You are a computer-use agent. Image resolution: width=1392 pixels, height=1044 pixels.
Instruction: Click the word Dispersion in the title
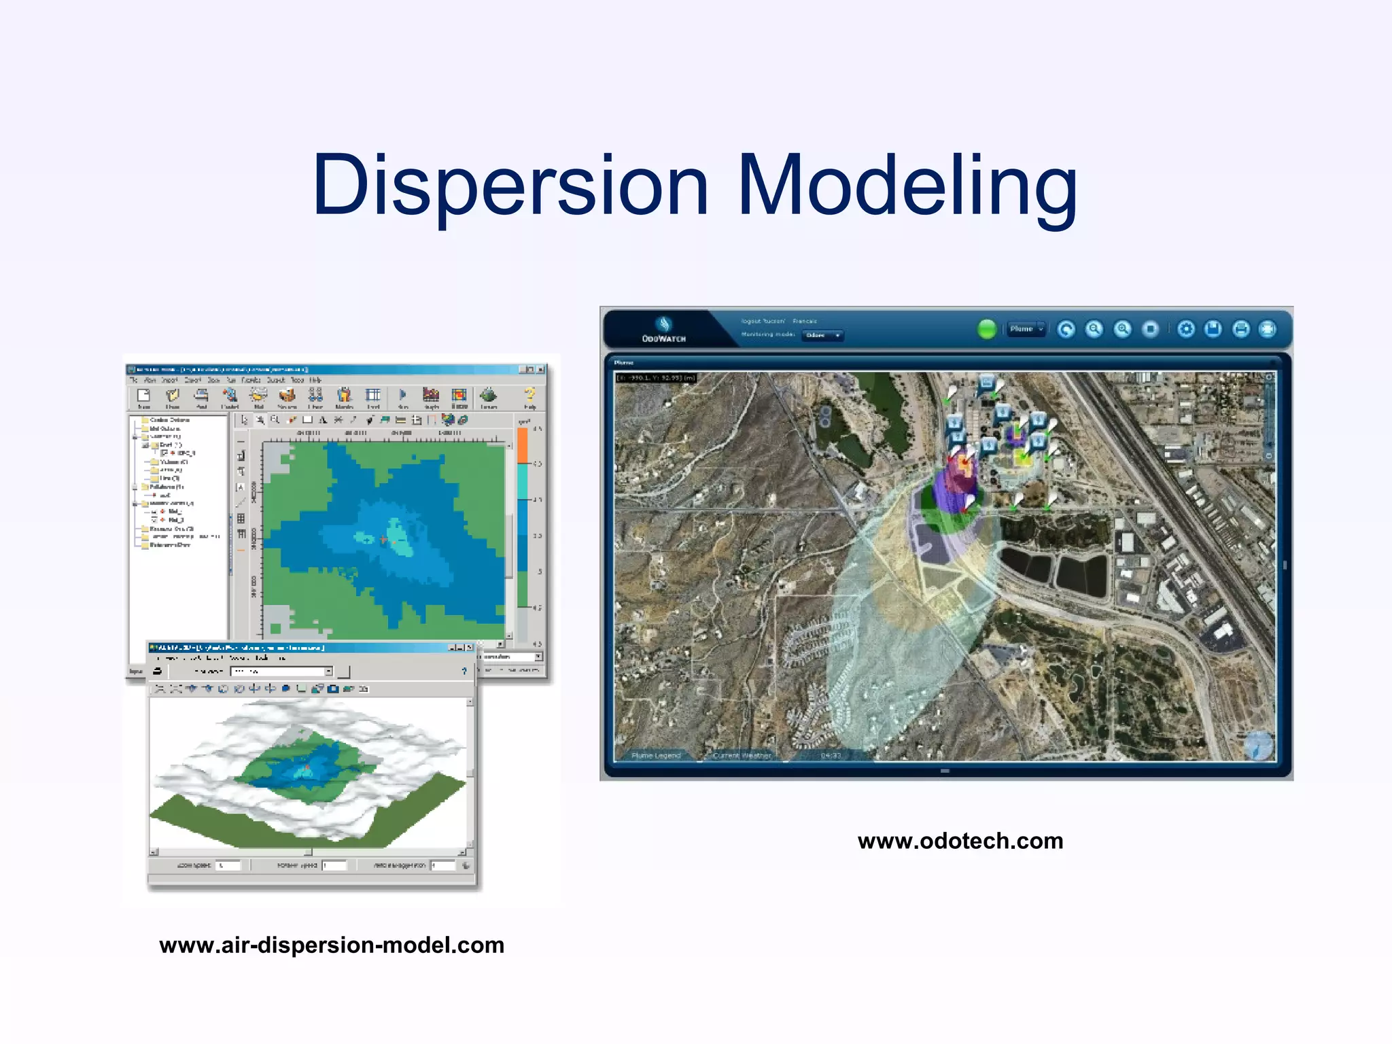point(510,185)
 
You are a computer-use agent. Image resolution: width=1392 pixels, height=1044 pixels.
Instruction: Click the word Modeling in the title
point(907,185)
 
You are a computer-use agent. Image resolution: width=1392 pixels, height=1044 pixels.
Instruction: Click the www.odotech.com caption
point(960,841)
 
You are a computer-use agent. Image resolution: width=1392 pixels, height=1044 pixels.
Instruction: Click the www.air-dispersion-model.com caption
point(332,945)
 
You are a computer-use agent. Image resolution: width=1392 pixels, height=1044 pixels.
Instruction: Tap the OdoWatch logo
point(663,329)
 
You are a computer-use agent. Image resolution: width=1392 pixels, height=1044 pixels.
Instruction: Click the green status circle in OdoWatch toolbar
point(986,329)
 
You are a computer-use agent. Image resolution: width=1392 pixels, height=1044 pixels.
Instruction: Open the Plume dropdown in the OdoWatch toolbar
point(1026,329)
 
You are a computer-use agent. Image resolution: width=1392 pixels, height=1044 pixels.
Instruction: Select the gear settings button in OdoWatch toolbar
point(1185,329)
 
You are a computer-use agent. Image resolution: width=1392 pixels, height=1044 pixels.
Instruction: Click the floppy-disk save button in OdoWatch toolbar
point(1213,329)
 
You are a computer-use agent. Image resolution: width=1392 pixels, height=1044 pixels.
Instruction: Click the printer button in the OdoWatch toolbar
point(1241,329)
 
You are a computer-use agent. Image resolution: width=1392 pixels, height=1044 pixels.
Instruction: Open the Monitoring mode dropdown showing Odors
point(822,335)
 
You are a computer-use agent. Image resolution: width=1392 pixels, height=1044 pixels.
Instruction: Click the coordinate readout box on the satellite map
point(655,378)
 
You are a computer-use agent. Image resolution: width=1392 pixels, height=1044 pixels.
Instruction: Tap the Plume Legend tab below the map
point(655,755)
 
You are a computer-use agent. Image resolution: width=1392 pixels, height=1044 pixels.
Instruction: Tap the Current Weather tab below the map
point(742,755)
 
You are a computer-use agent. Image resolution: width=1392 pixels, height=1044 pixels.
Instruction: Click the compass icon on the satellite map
point(1258,745)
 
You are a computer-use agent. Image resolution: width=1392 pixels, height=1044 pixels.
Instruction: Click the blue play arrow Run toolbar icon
point(402,394)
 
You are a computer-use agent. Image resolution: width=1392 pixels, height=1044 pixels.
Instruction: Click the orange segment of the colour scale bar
point(523,445)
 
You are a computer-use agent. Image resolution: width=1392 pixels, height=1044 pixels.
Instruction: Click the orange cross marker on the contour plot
point(384,540)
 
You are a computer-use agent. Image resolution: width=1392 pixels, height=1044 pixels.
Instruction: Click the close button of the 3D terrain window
point(469,648)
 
